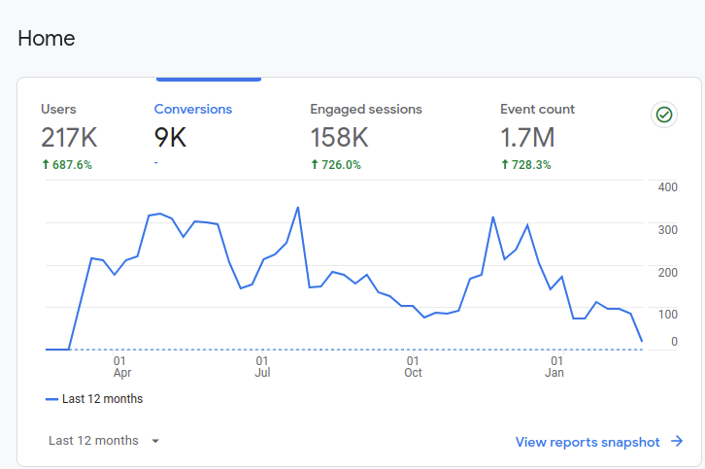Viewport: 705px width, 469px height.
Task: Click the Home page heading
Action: pyautogui.click(x=47, y=39)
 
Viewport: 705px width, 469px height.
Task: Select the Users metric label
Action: pyautogui.click(x=58, y=110)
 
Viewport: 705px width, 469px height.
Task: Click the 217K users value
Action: pyautogui.click(x=69, y=138)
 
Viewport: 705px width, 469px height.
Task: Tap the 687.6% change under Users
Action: pyautogui.click(x=67, y=165)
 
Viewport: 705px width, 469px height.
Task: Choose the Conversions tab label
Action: pyautogui.click(x=193, y=110)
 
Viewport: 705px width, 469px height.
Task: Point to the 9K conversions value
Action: pyautogui.click(x=170, y=138)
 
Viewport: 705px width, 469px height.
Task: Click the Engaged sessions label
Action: pyautogui.click(x=366, y=110)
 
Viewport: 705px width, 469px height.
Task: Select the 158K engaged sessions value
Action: pyautogui.click(x=339, y=138)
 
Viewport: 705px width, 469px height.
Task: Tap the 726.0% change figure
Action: pyautogui.click(x=336, y=165)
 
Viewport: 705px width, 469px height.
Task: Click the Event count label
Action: pyautogui.click(x=537, y=110)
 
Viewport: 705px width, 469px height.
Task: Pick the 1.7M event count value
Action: pyautogui.click(x=527, y=138)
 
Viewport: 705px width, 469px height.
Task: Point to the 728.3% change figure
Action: pyautogui.click(x=526, y=165)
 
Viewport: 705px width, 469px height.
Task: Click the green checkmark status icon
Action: pyautogui.click(x=664, y=115)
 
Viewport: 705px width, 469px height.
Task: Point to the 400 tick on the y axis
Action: pyautogui.click(x=667, y=186)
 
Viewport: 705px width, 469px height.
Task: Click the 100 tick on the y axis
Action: pyautogui.click(x=667, y=315)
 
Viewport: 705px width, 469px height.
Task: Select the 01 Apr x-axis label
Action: pyautogui.click(x=121, y=366)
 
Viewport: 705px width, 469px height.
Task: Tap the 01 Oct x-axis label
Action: pyautogui.click(x=413, y=366)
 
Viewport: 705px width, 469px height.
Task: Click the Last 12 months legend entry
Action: pyautogui.click(x=94, y=399)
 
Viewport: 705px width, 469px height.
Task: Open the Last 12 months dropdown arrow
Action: pyautogui.click(x=155, y=441)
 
